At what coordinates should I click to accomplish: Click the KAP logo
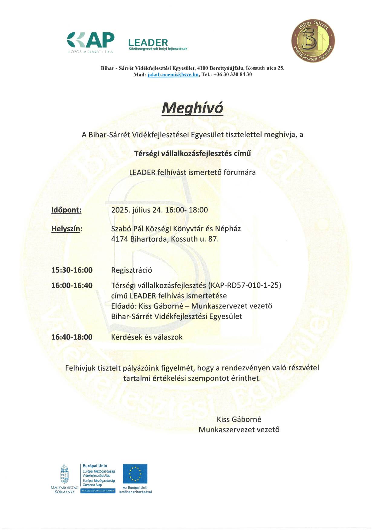point(91,41)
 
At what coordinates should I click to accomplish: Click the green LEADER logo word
point(148,42)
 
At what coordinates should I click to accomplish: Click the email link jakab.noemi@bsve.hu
point(173,75)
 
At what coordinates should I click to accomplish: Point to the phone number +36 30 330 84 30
point(233,75)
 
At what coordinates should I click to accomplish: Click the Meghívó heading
point(192,108)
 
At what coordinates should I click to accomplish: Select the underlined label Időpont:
point(66,210)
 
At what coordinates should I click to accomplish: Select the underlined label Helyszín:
point(67,229)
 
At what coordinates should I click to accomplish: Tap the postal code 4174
point(120,239)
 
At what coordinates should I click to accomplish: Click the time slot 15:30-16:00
point(72,270)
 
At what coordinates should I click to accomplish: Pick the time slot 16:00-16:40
point(72,285)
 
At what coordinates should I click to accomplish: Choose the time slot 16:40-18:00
point(72,337)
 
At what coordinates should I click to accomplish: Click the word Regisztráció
point(132,270)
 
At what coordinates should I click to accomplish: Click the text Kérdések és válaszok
point(147,337)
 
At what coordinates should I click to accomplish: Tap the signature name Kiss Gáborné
point(239,419)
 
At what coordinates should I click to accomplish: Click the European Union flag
point(135,474)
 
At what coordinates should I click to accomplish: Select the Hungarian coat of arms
point(64,474)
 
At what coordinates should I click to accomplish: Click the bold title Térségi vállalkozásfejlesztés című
point(193,153)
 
